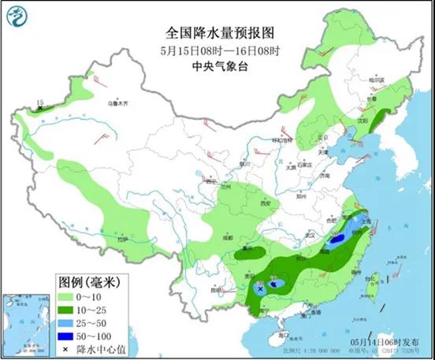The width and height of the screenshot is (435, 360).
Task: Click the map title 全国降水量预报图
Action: coord(219,34)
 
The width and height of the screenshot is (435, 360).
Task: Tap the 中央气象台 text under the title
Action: coord(220,67)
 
